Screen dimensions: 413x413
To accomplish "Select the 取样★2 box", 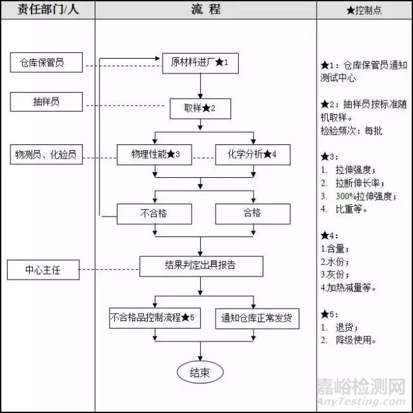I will click(x=199, y=109).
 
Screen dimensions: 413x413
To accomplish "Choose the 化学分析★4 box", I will click(x=252, y=155).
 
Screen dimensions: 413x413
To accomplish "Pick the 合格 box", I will click(x=252, y=213).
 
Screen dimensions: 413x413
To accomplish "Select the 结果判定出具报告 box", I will click(x=201, y=265).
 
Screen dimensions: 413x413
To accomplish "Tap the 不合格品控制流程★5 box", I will click(x=152, y=318).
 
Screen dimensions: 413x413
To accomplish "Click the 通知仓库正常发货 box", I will click(x=256, y=318).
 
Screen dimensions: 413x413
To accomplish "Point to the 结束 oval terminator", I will click(x=199, y=372).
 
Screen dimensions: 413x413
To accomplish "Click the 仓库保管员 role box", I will click(x=46, y=63).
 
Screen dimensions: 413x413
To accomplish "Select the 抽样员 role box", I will click(x=46, y=101).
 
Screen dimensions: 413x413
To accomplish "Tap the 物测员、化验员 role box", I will click(x=46, y=155).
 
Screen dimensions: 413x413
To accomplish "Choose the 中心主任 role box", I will click(x=43, y=270).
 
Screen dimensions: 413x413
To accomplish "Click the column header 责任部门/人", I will click(x=48, y=9).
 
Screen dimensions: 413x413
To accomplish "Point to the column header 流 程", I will click(x=205, y=9).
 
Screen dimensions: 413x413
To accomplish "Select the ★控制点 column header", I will click(x=365, y=10).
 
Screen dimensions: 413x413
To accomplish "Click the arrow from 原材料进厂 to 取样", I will click(x=201, y=85).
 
